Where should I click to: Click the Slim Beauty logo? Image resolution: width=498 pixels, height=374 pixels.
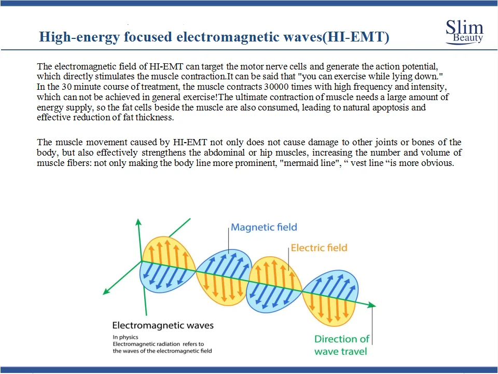coord(464,32)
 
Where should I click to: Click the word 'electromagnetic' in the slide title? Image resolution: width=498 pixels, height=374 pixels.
coord(227,37)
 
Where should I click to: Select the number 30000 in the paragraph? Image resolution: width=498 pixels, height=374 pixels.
coord(276,87)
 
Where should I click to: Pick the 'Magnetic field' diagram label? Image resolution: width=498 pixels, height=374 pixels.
coord(264,227)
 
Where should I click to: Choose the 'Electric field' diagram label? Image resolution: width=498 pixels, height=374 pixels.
coord(319,247)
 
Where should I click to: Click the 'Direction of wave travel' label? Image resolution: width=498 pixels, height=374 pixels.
coord(342,345)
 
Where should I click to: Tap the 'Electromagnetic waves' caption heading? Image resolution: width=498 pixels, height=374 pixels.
coord(163,325)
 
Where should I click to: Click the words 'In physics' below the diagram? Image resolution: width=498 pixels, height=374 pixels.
coord(126,337)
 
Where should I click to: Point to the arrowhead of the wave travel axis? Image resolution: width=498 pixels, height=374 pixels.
coord(372,306)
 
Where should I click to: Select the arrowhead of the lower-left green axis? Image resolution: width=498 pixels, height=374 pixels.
coord(106,292)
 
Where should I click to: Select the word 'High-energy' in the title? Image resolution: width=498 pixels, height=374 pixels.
coord(79,37)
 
